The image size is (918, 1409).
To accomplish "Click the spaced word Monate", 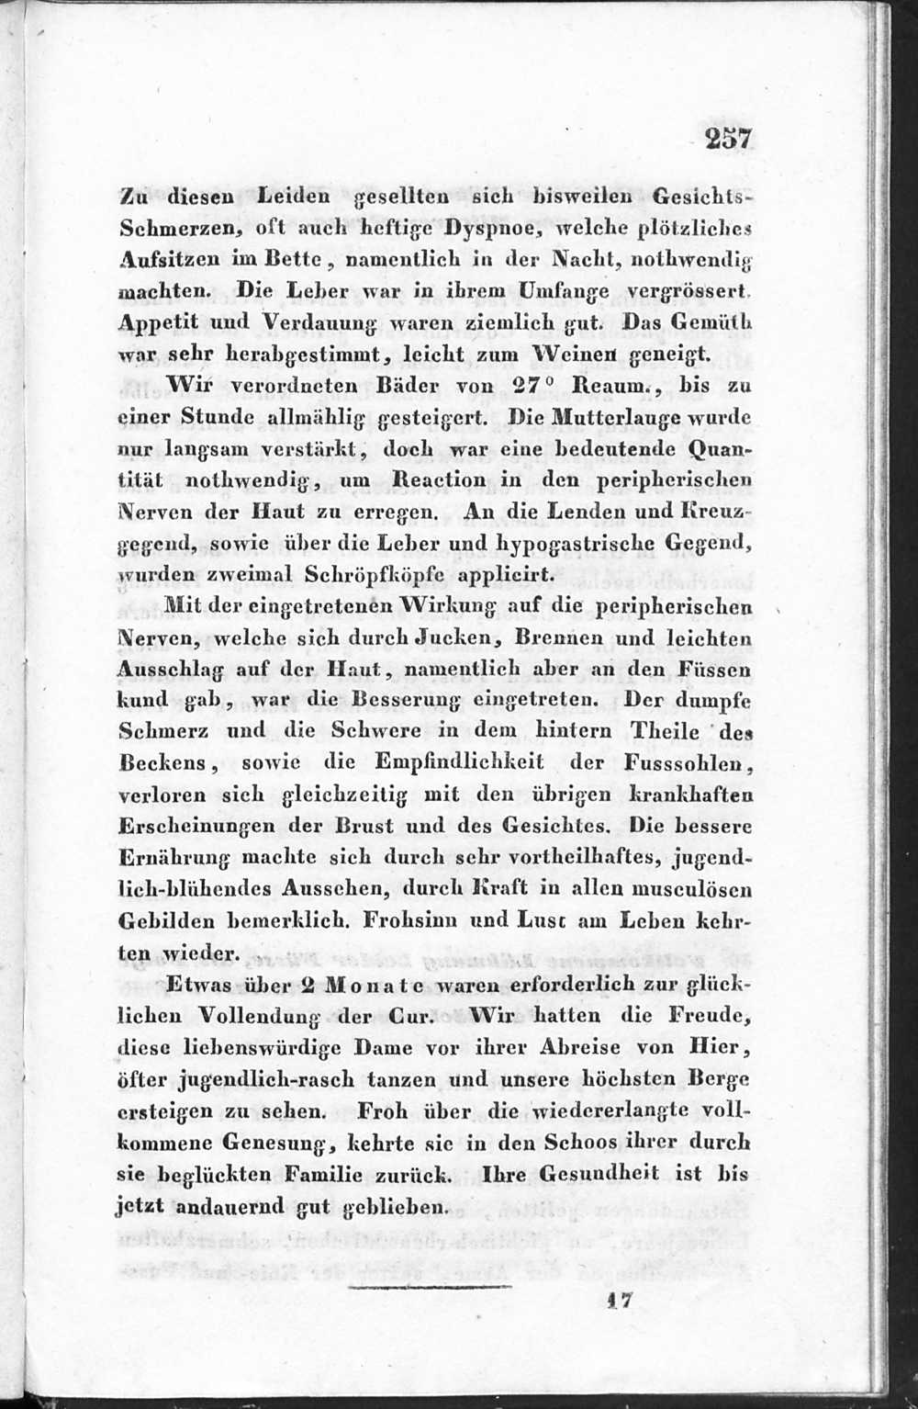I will tap(371, 986).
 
